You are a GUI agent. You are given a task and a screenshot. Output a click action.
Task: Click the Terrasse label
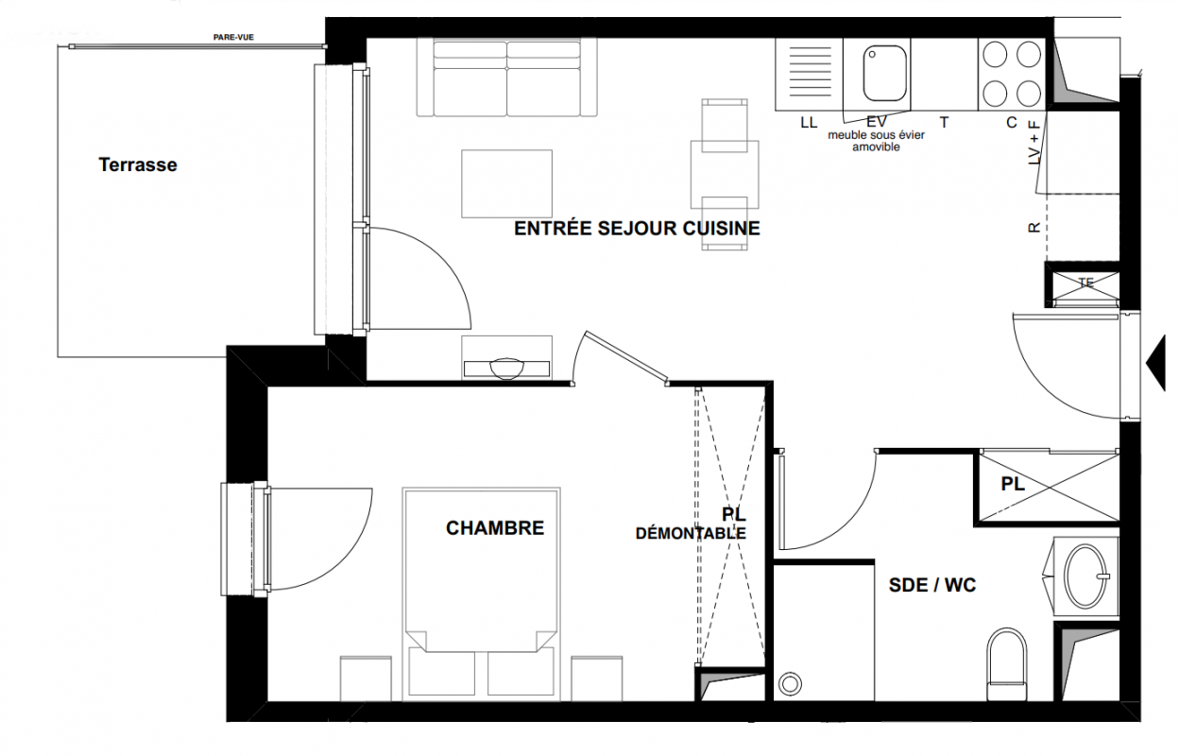pos(138,164)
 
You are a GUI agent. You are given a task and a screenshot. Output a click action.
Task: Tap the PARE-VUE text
pos(233,38)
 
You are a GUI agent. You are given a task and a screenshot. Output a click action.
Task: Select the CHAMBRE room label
pos(495,528)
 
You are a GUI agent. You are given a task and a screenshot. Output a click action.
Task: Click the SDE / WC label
pos(932,585)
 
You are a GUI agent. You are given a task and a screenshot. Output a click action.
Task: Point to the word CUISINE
pos(721,229)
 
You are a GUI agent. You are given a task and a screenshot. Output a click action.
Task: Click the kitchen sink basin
pos(885,73)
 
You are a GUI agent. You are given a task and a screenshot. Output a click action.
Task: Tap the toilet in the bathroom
pos(1007,664)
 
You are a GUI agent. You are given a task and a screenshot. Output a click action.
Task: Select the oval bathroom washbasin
pos(1085,576)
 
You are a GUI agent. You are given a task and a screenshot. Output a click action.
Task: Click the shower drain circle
pos(790,684)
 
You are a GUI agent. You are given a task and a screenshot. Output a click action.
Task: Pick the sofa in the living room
pos(507,77)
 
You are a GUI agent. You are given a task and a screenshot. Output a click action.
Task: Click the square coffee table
pos(507,183)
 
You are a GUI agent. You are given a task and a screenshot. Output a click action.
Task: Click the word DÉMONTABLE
pos(691,534)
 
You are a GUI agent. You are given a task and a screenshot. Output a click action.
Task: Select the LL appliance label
pos(809,123)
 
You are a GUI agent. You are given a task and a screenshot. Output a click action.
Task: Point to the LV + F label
pos(1034,143)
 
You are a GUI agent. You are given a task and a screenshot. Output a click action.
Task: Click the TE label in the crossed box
pos(1085,283)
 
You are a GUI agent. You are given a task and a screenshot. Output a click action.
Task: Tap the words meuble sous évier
pos(877,135)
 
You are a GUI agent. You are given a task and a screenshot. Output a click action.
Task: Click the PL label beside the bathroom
pos(1013,484)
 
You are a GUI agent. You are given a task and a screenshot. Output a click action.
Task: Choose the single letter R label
pos(1034,228)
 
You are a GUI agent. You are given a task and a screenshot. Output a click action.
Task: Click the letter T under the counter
pos(945,123)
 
